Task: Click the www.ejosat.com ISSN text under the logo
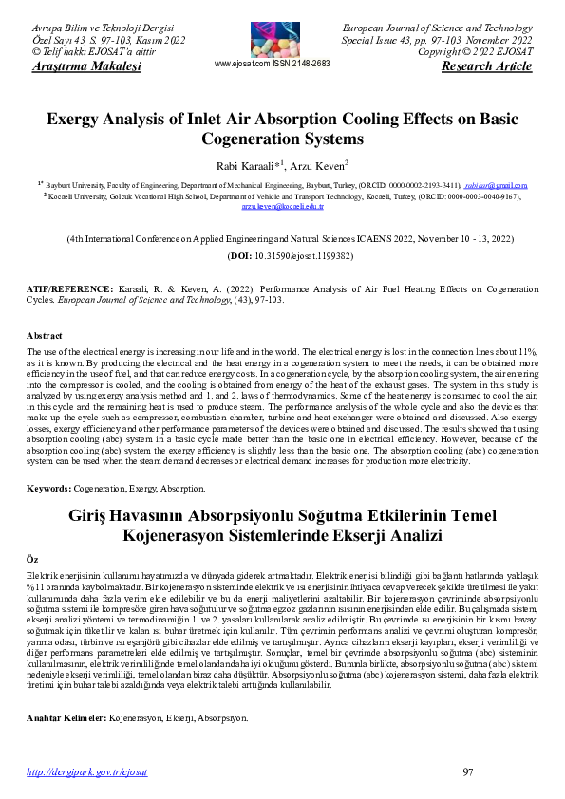point(273,64)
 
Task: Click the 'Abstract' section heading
point(46,335)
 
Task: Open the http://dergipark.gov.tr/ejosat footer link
point(87,772)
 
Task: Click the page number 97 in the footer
point(467,771)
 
